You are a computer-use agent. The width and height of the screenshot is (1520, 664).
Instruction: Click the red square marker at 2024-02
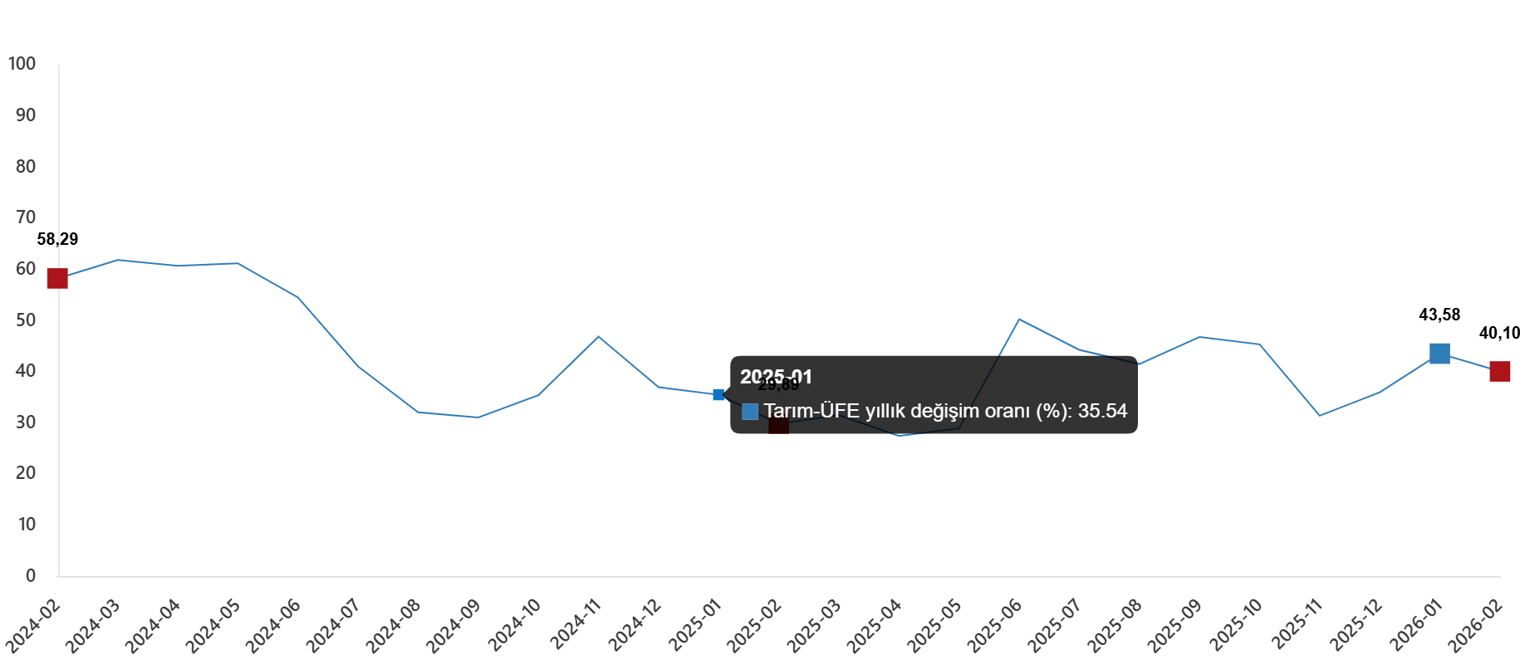56,278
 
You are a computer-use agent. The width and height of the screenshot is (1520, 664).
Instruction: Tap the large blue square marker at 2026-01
1439,354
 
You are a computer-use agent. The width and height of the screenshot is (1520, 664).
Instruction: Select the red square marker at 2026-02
1499,371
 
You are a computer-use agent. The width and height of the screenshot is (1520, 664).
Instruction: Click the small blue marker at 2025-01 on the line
718,395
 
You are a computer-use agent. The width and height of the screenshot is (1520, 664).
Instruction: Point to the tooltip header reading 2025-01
776,378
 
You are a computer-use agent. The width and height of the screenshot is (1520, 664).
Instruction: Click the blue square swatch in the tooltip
750,412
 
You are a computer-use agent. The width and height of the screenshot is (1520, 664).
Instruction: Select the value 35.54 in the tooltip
1102,412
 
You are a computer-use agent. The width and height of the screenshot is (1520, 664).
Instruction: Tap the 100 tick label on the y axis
22,64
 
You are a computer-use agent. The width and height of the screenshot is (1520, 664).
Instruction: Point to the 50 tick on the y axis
26,320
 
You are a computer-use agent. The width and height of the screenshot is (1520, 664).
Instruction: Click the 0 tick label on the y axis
31,575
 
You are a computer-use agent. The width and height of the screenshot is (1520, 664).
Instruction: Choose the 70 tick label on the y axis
26,217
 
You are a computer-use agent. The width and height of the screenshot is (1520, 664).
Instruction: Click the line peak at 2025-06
1019,320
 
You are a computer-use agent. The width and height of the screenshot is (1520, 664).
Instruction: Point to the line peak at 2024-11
598,336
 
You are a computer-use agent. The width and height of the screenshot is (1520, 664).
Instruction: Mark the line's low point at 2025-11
1319,415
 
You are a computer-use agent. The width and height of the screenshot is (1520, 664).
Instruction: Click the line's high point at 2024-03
118,260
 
